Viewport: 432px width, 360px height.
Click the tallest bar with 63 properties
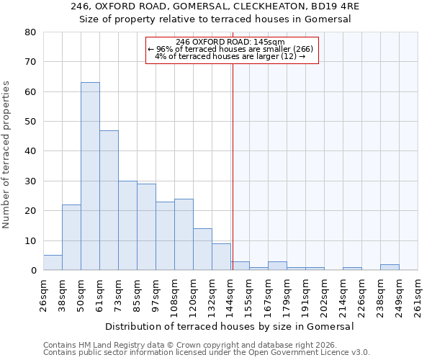click(x=90, y=176)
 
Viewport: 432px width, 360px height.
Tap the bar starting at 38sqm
click(x=71, y=238)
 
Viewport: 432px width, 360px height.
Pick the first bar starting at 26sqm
click(x=53, y=263)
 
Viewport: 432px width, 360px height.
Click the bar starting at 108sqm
click(x=184, y=235)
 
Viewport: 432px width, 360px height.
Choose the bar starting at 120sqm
click(x=202, y=249)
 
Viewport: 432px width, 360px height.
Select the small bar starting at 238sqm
click(x=390, y=267)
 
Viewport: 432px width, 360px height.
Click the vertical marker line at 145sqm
click(x=233, y=166)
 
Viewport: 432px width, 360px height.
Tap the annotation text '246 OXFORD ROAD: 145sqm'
click(x=230, y=42)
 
